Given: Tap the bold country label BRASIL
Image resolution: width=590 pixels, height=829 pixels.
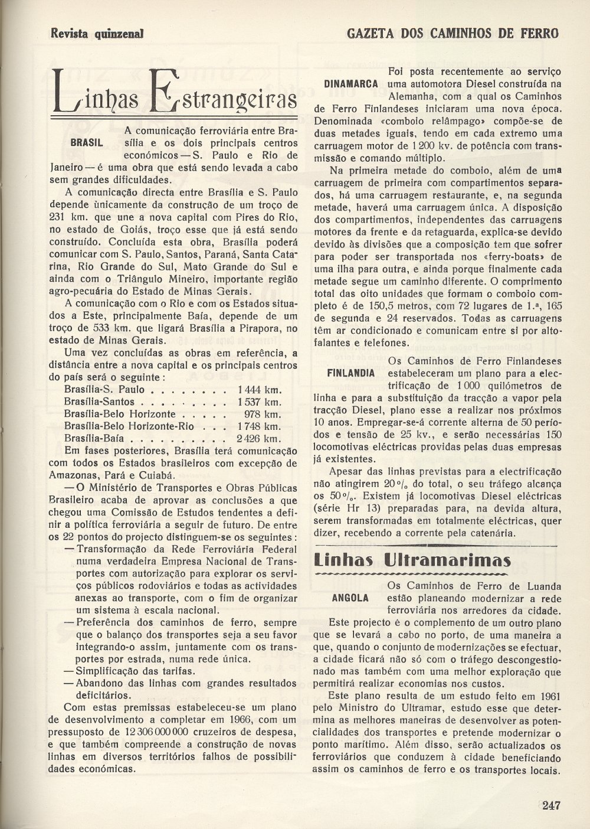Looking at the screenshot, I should coord(86,142).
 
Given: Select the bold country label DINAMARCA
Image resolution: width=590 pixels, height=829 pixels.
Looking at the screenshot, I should coord(351,84).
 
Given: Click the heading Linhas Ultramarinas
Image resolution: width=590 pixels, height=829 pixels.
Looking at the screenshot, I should coord(412,560).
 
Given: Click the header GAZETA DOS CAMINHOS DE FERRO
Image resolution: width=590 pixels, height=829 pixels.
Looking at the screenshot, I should coord(451,33).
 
